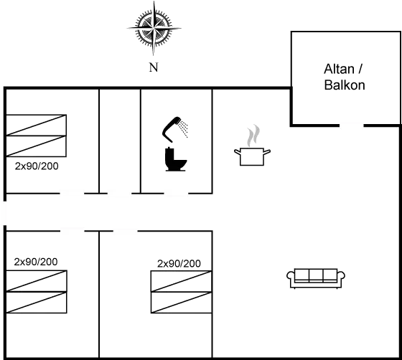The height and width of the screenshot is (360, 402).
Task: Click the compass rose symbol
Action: pos(154,28)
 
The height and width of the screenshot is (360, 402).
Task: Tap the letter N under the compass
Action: pos(154,67)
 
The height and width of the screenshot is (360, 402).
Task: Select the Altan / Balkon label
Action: pos(345,77)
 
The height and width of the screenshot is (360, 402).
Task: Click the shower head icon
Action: pos(175,129)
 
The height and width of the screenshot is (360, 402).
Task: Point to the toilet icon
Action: pos(176,159)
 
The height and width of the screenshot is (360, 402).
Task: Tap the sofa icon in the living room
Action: pos(316,278)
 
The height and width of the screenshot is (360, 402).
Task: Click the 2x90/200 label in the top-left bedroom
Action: pos(37,166)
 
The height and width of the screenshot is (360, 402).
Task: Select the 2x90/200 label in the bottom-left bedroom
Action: pos(36,262)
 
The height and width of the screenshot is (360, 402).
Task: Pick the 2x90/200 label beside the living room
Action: pos(179,263)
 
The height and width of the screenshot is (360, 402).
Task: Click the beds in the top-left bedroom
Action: pos(36,136)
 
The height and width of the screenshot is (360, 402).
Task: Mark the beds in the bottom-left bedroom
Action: pos(37,292)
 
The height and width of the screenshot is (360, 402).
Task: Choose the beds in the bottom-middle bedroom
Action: pos(181,292)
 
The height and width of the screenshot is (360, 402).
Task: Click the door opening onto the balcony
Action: pos(352,125)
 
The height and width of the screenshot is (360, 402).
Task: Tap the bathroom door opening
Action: pos(176,194)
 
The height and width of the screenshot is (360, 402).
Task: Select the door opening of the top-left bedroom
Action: pos(72,194)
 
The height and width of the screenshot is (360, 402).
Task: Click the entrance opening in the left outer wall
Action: pos(5,213)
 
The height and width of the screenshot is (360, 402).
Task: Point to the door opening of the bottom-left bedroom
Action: pos(72,231)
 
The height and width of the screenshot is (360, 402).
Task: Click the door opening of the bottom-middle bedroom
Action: pos(126,231)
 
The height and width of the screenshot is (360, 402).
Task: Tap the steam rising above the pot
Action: pos(253,136)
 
